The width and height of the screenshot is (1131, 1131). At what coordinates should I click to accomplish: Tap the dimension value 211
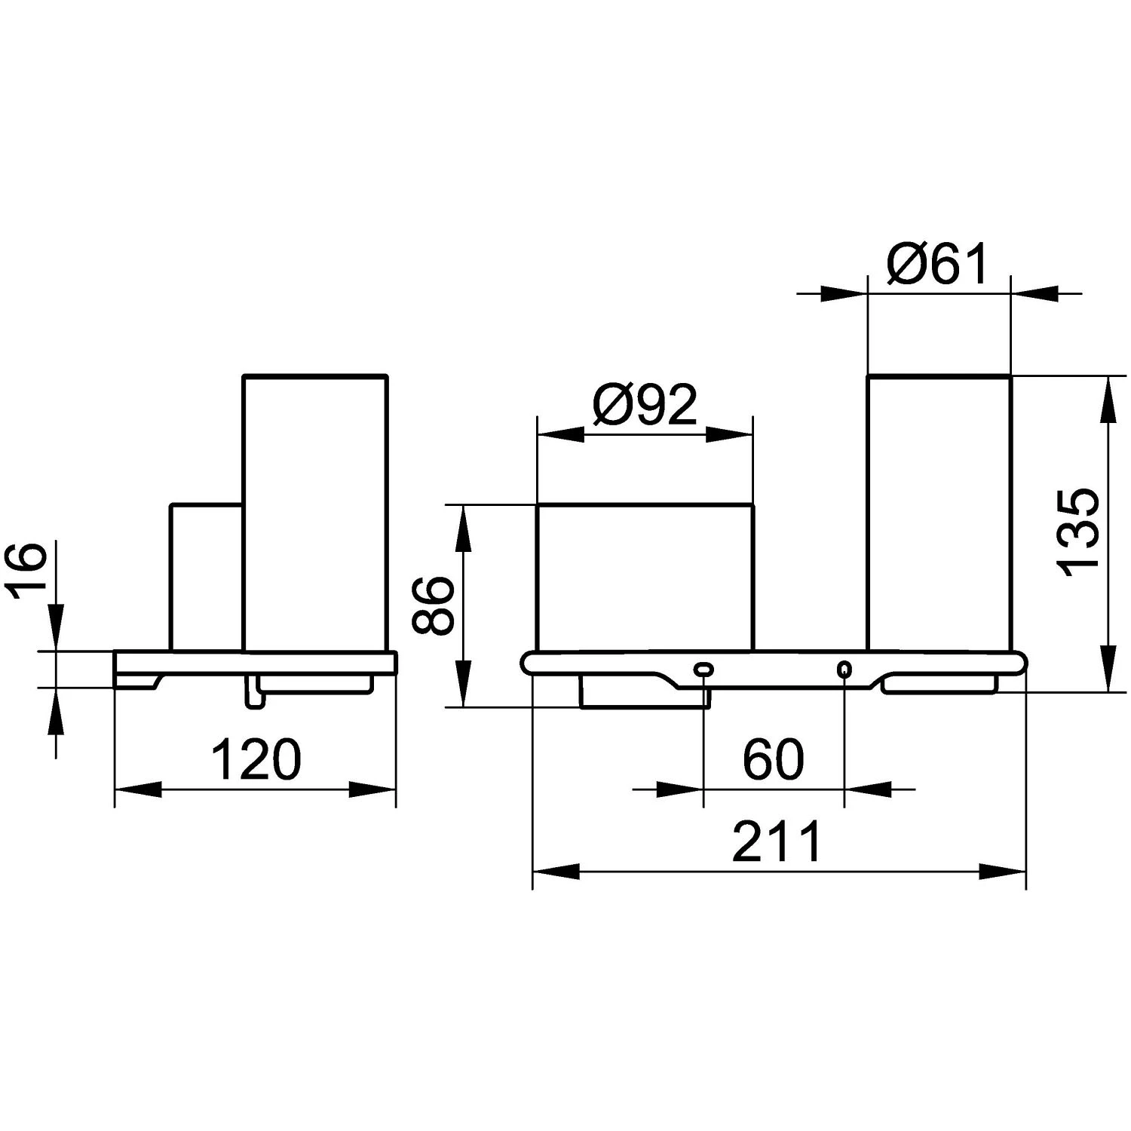point(777,842)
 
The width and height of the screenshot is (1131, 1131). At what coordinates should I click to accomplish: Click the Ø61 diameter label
point(937,263)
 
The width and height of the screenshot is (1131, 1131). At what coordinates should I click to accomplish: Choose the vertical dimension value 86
point(433,605)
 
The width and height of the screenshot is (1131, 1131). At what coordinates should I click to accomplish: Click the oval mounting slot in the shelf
point(703,668)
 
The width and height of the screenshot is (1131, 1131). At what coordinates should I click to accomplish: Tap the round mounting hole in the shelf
point(844,669)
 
